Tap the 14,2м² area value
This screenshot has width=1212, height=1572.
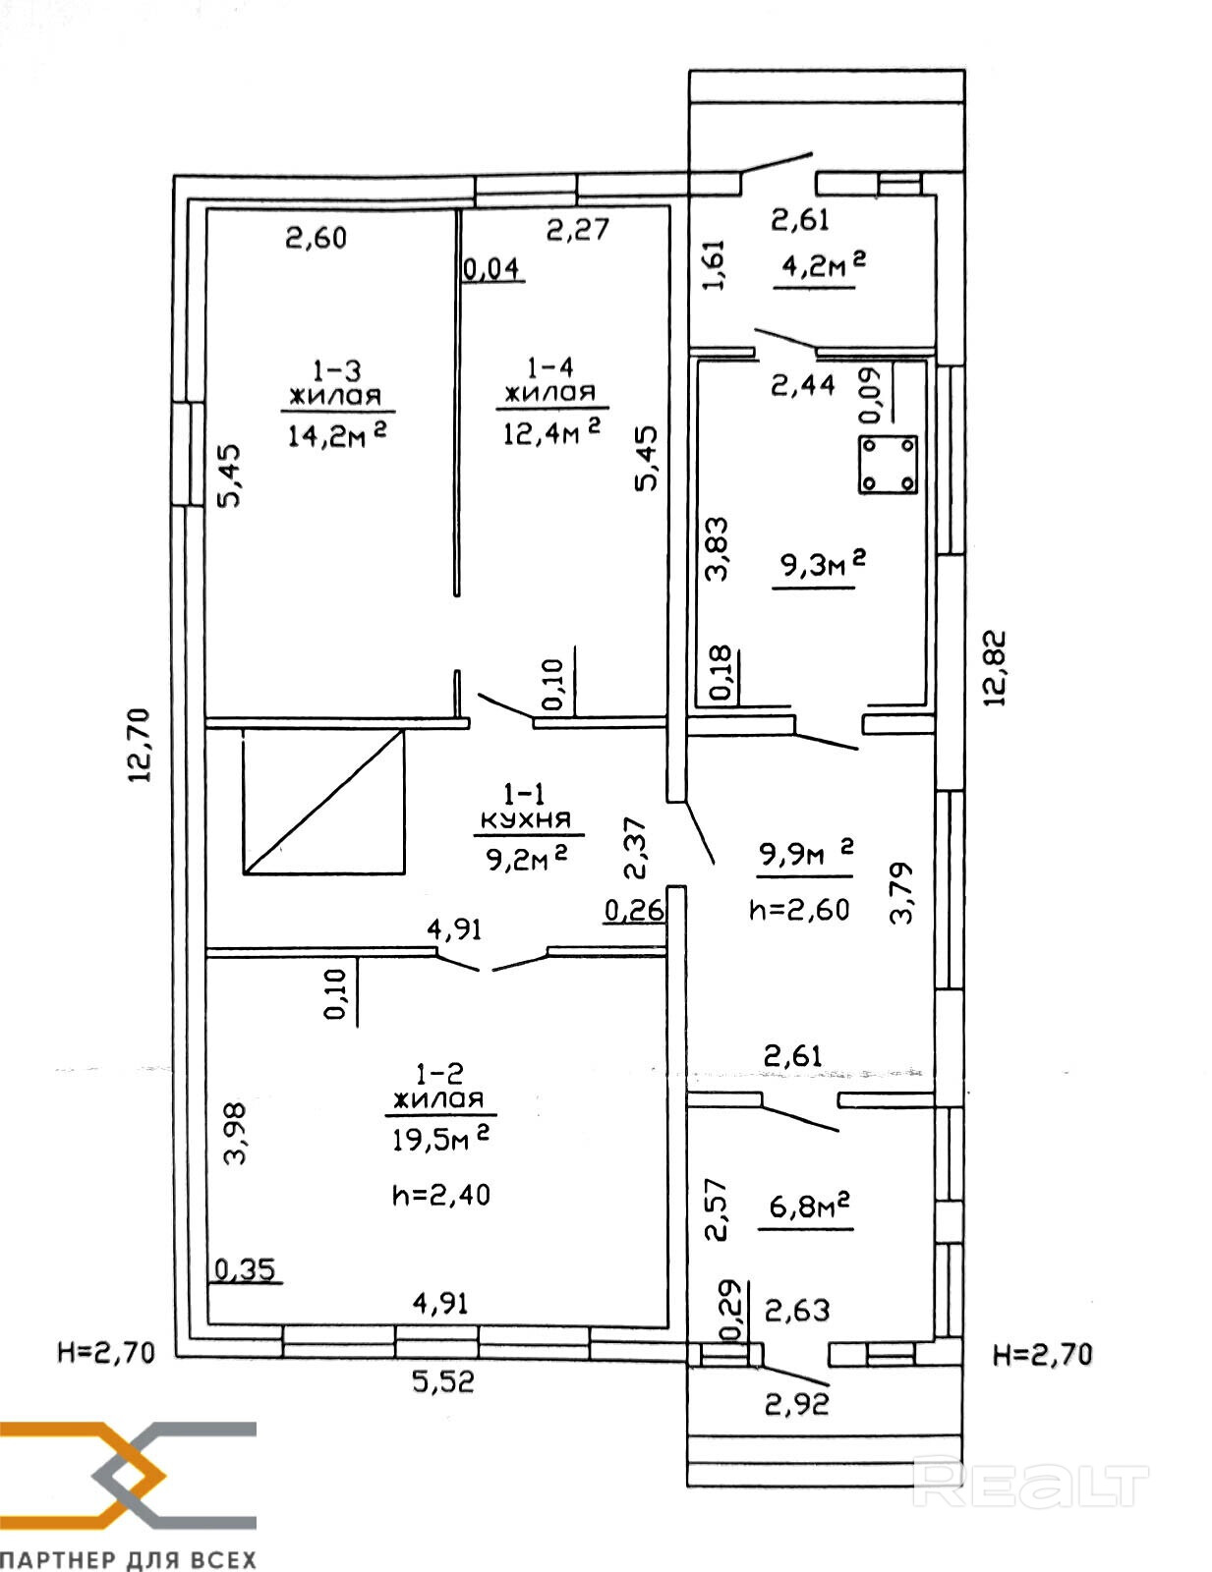(337, 434)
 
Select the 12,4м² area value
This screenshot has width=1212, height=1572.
(552, 431)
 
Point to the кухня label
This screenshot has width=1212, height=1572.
(526, 819)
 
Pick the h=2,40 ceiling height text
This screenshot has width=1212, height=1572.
(441, 1195)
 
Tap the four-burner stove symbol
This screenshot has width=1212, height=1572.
(888, 465)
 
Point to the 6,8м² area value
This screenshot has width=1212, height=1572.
(808, 1206)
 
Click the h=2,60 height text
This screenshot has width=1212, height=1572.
(799, 910)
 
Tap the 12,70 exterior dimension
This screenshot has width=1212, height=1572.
(139, 745)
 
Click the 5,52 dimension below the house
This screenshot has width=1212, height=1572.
(443, 1382)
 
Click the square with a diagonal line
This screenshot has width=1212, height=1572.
(323, 801)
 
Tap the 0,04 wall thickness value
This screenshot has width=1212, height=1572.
(491, 270)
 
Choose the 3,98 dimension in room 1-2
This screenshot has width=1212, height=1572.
(235, 1133)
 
